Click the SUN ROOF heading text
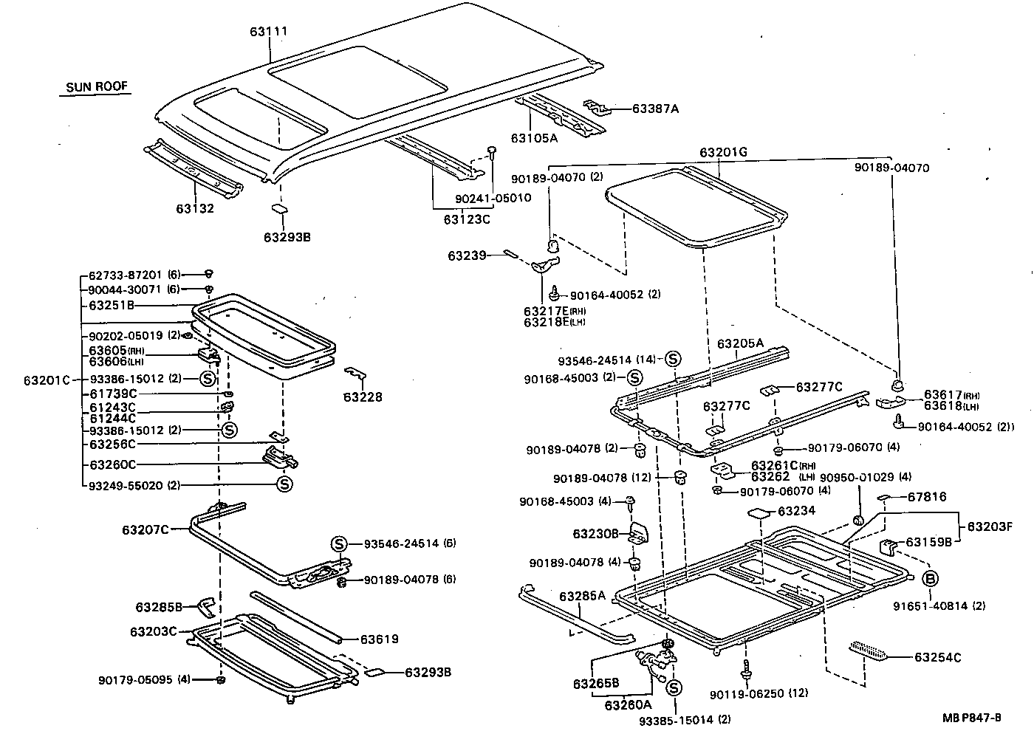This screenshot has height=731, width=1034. [x=97, y=86]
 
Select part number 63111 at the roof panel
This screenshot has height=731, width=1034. [x=268, y=32]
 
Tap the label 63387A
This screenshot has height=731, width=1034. [x=654, y=109]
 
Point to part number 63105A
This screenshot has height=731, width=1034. [x=534, y=138]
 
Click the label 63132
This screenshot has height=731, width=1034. [x=195, y=209]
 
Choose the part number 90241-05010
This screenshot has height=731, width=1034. [x=493, y=199]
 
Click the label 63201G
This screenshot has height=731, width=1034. [x=723, y=153]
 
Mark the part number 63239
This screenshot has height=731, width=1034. [x=467, y=255]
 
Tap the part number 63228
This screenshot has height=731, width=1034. [x=363, y=397]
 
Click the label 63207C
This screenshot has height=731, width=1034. [x=145, y=529]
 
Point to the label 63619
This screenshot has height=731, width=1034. [x=380, y=639]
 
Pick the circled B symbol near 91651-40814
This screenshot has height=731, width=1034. [x=930, y=578]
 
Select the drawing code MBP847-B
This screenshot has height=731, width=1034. [x=971, y=718]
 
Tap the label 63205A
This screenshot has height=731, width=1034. [x=740, y=343]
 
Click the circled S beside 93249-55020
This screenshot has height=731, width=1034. [x=284, y=484]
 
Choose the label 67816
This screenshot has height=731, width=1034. [x=927, y=497]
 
